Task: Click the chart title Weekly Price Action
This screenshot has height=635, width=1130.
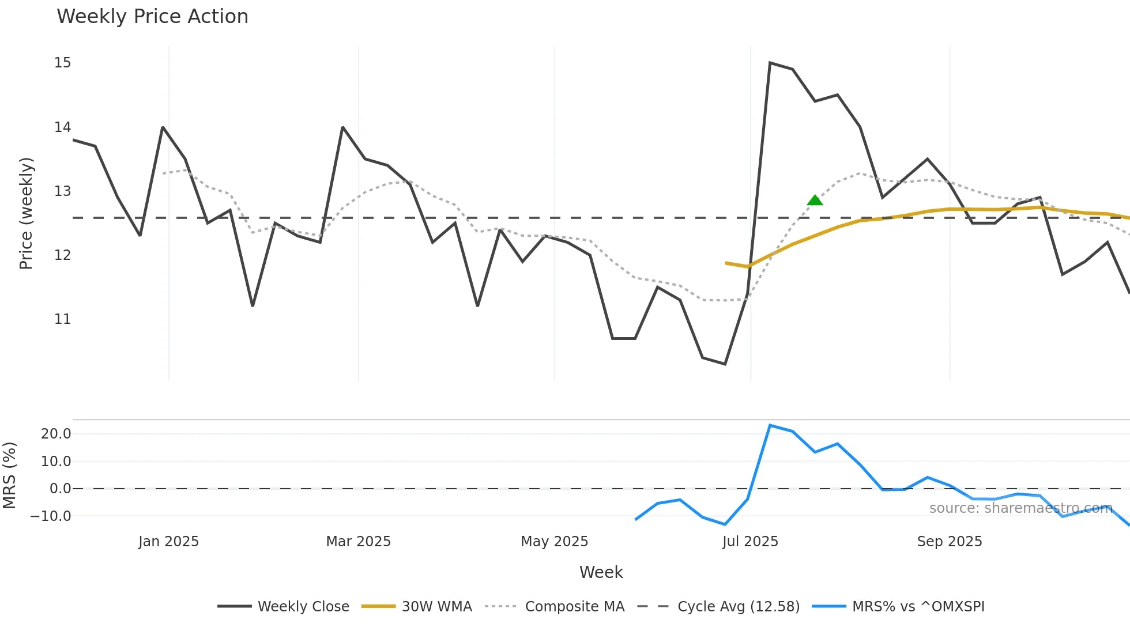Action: [152, 17]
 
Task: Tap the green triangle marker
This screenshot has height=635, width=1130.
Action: [815, 201]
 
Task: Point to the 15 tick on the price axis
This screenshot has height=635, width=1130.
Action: [62, 63]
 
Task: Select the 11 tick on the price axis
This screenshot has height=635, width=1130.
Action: [62, 319]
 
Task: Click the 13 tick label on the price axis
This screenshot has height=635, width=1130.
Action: [62, 191]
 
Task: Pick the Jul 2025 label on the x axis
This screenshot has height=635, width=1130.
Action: [750, 542]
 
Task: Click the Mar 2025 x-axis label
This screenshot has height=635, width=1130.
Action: [358, 542]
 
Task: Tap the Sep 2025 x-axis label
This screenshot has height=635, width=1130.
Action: [950, 542]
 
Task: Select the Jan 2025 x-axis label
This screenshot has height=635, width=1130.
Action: [168, 542]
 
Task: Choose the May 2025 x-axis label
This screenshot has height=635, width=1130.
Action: [554, 542]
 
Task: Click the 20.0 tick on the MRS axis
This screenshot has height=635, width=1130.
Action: [56, 434]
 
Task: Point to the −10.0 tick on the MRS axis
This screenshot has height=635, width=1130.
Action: [51, 516]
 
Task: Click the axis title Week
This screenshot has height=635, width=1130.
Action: [601, 572]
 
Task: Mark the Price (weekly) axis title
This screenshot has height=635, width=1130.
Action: [26, 213]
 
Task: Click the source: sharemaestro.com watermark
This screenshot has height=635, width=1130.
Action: [1020, 508]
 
